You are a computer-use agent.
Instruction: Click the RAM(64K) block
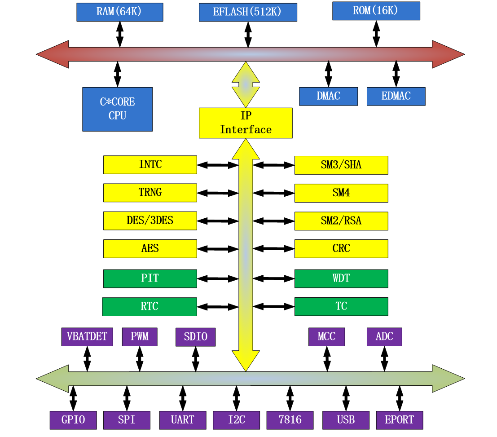coord(119,12)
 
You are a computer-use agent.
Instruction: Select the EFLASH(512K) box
coord(248,12)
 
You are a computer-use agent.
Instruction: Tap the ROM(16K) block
coord(376,11)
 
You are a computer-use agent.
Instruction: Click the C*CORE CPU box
coord(117,109)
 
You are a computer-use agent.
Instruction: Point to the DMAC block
coord(328,96)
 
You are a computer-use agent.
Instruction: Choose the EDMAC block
coord(396,96)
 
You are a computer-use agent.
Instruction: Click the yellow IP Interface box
coord(246,123)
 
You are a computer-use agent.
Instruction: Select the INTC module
coord(150,165)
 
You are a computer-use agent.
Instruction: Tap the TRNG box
coord(150,193)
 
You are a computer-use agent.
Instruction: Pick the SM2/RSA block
coord(341,221)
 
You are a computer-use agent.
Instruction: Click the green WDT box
coord(341,278)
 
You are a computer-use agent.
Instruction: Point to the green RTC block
coord(149,307)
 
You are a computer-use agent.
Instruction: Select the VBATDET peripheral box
coord(87,337)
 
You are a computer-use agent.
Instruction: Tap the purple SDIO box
coord(195,337)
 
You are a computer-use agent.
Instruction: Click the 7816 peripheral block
coord(290,420)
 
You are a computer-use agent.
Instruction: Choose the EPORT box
coord(399,420)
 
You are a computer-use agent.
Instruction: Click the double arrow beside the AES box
coord(217,249)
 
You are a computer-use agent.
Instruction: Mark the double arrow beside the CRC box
coord(273,249)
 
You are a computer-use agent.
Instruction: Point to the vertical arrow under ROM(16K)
coord(376,34)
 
